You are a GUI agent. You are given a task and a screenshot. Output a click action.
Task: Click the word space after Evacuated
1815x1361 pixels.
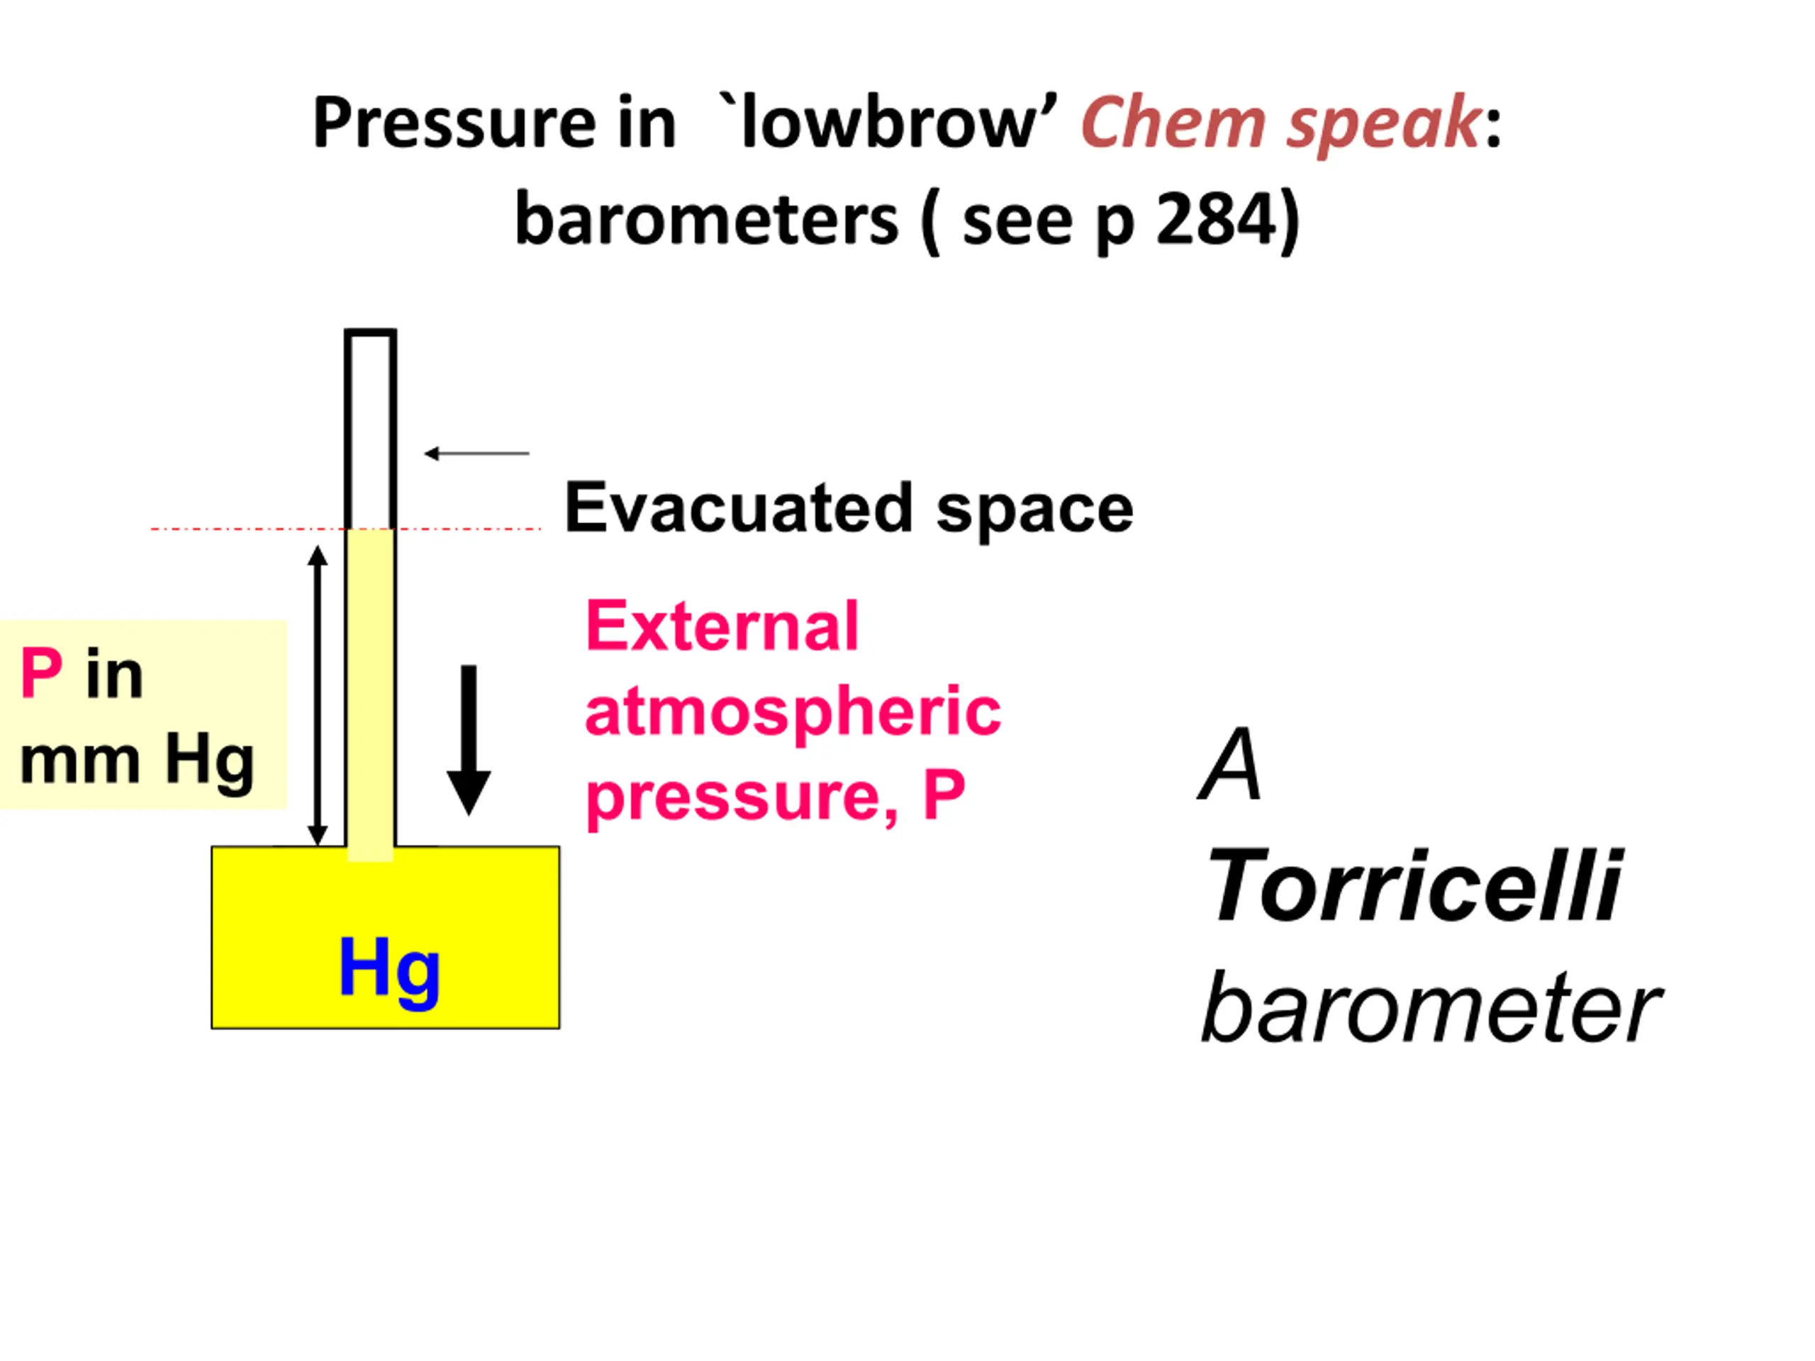[x=1036, y=513]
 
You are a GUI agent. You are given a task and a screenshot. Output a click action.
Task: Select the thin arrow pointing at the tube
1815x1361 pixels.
[x=476, y=453]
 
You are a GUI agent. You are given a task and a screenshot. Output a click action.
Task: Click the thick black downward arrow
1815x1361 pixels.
[x=469, y=740]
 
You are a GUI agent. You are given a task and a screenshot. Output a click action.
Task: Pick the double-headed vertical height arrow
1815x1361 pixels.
[x=318, y=695]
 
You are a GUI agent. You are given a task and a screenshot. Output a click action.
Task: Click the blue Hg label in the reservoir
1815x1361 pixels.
[x=389, y=971]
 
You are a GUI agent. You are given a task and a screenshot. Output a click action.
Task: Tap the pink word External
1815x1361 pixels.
[x=722, y=626]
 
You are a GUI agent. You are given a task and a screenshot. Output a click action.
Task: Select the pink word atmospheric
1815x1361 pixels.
[x=793, y=711]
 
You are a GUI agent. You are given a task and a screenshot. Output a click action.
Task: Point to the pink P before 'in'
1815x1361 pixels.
[x=41, y=673]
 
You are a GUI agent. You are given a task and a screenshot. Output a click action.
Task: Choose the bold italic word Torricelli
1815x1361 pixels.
[x=1413, y=886]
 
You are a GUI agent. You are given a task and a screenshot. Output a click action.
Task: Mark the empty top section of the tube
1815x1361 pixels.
[x=370, y=430]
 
